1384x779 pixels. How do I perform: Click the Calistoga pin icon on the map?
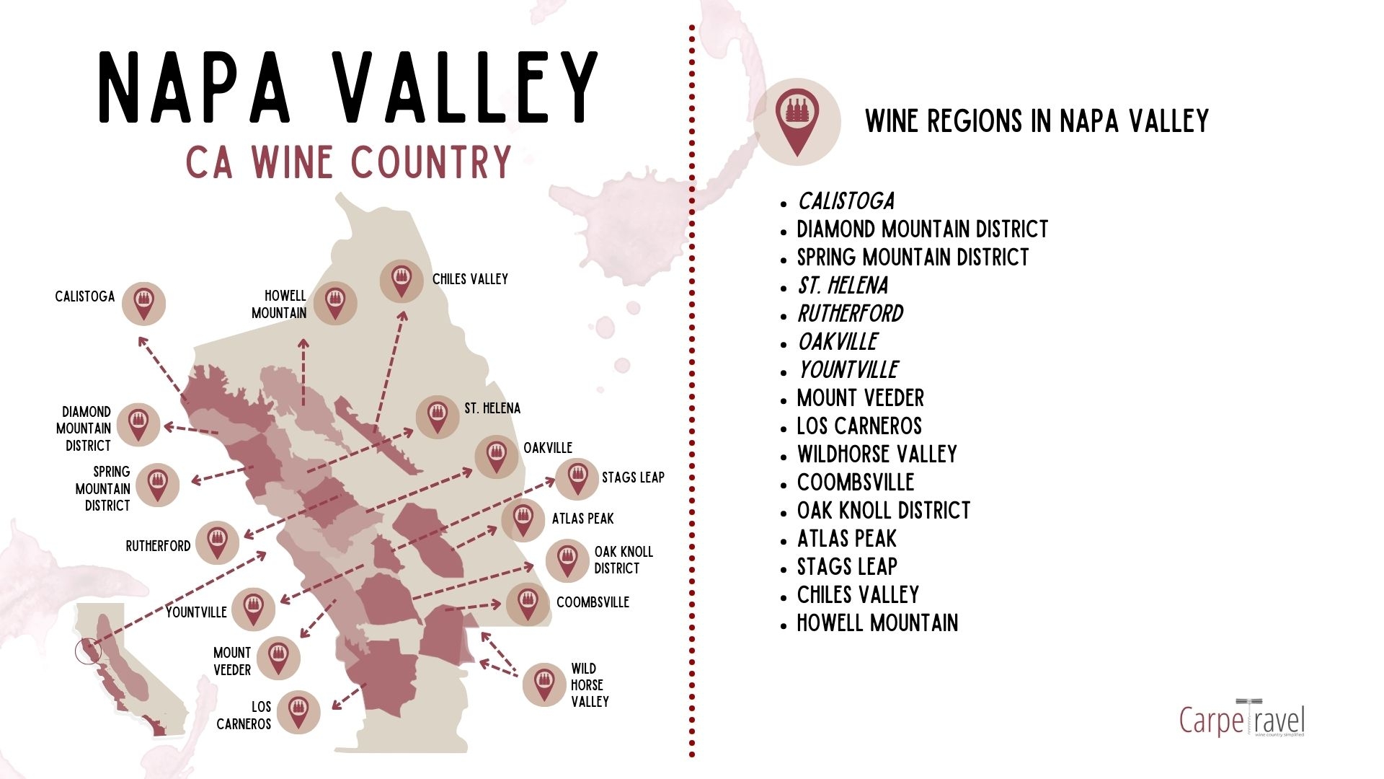click(143, 304)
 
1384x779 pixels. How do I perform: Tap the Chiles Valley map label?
click(470, 279)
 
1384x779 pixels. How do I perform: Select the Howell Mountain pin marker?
click(334, 303)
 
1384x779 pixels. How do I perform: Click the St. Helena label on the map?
click(492, 408)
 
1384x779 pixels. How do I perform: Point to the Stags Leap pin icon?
click(577, 478)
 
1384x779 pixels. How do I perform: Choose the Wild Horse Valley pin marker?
click(544, 685)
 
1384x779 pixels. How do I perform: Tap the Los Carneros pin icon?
click(298, 712)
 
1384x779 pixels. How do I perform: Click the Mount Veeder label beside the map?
click(232, 661)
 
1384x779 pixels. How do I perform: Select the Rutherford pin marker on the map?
click(217, 542)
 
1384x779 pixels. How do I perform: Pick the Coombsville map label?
click(593, 602)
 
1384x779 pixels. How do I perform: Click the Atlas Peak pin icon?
click(523, 520)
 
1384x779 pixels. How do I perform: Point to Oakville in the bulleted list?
click(838, 342)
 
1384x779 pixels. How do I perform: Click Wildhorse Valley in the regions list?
click(877, 454)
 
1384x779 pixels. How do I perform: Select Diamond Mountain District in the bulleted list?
click(922, 229)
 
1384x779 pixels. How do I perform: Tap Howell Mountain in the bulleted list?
click(877, 623)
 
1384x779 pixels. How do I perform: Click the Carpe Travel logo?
click(1241, 718)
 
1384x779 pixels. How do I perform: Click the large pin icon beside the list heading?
click(797, 122)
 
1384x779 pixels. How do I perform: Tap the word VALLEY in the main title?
click(466, 88)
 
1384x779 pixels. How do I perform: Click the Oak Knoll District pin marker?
click(567, 560)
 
